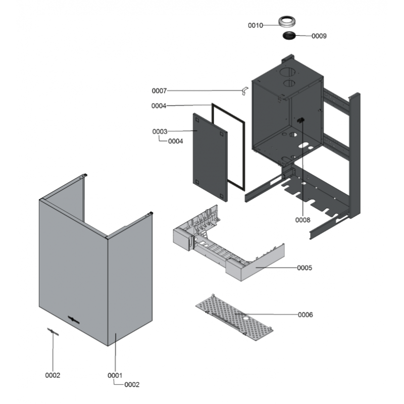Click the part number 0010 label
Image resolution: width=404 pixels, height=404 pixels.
pyautogui.click(x=255, y=25)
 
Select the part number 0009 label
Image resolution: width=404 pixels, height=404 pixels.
pyautogui.click(x=319, y=36)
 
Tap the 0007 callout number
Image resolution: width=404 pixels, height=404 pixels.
pyautogui.click(x=159, y=91)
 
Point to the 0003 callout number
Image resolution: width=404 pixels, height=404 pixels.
pyautogui.click(x=160, y=132)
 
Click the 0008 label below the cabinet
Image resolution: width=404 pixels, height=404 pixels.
pyautogui.click(x=303, y=220)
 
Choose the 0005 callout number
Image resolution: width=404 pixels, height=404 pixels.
pyautogui.click(x=305, y=268)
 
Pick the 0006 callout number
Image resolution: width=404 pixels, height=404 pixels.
pyautogui.click(x=306, y=315)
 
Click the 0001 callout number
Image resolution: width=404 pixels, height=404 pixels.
pyautogui.click(x=115, y=375)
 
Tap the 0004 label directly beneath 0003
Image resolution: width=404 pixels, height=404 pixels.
pyautogui.click(x=175, y=141)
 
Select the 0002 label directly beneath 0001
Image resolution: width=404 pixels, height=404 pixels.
pyautogui.click(x=132, y=385)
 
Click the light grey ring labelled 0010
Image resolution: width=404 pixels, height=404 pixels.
pyautogui.click(x=287, y=22)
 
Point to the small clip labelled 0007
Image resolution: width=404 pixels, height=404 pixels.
pyautogui.click(x=244, y=91)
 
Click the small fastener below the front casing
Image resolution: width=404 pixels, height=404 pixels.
pyautogui.click(x=53, y=331)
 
